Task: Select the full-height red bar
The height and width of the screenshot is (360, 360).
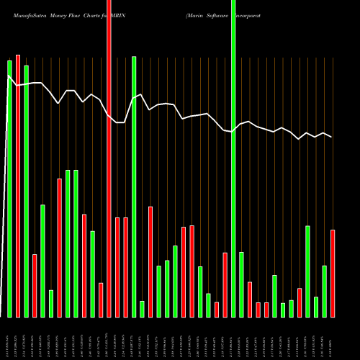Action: [x=109, y=158]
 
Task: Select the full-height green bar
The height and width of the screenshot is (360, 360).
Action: [x=233, y=158]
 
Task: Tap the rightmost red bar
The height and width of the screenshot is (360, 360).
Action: [x=333, y=274]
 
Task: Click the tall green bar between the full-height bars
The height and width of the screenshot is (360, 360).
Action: [x=134, y=186]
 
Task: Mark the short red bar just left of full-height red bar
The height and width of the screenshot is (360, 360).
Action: [x=101, y=300]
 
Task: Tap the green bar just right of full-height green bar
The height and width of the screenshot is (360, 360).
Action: [x=241, y=284]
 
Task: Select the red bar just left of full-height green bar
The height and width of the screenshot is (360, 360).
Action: [x=225, y=285]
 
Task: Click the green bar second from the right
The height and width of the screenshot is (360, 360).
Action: [x=324, y=292]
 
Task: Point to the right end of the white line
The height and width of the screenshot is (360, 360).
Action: [x=332, y=137]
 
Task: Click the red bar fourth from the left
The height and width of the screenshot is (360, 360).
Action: [x=59, y=248]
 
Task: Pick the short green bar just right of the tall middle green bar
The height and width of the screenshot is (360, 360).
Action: [x=142, y=309]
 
